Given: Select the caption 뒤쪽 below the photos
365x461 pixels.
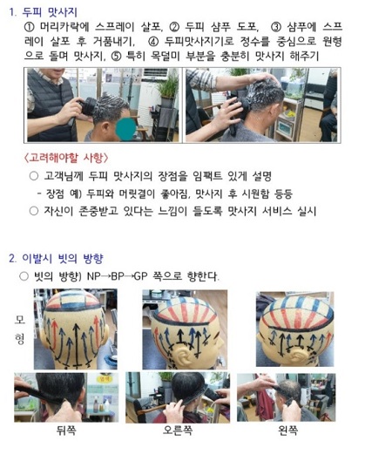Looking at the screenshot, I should click(66, 430).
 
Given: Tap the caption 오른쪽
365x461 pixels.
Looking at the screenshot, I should click(180, 430).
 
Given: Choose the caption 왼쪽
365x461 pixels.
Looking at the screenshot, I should click(291, 430).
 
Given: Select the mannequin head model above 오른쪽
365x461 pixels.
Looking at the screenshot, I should click(179, 328).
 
